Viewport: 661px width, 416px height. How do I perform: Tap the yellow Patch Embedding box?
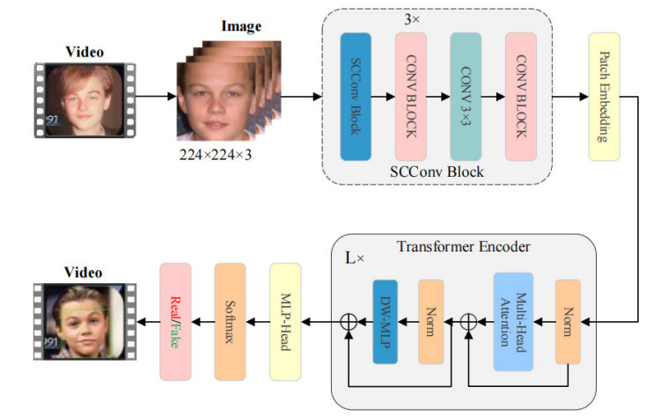605,97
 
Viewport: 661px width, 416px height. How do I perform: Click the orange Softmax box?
231,322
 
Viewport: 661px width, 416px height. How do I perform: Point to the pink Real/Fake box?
176,322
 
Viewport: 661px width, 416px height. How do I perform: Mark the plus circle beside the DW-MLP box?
349,323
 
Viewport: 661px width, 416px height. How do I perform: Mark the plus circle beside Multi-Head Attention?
467,323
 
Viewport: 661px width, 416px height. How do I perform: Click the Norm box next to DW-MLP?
431,322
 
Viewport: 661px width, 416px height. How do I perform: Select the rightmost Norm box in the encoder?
569,322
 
